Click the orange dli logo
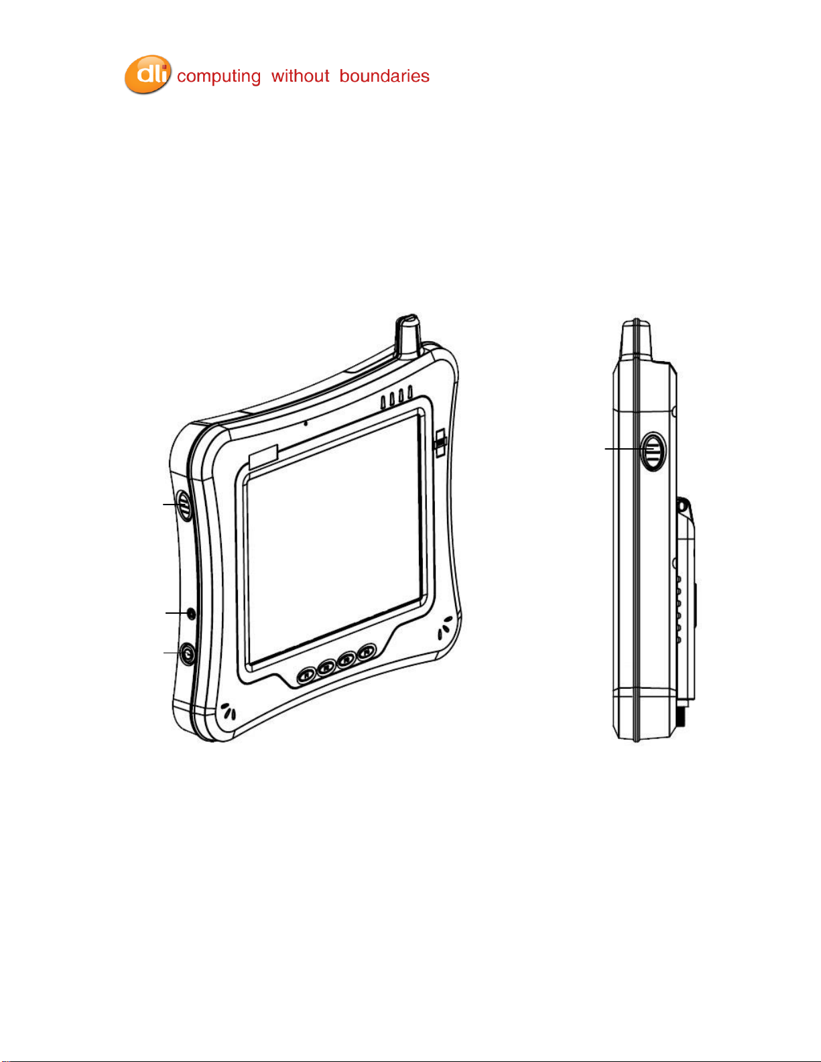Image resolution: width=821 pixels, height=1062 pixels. coord(147,74)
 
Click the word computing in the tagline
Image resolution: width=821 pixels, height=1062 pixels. coord(218,77)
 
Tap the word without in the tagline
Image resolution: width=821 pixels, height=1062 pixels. coord(300,76)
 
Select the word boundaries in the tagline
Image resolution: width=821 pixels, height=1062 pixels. coord(384,76)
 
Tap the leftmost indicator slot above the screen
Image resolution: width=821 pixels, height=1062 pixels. coord(383,403)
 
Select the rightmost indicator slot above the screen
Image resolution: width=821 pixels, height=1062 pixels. coord(410,393)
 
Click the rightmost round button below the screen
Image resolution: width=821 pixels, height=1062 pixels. coord(367,651)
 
